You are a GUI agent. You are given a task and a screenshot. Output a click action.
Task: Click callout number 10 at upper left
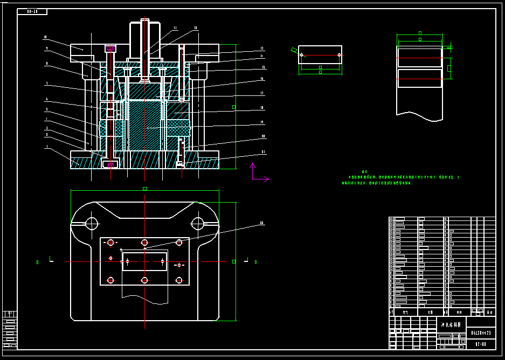[x=45, y=38]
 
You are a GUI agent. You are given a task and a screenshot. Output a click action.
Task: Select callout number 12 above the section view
[x=196, y=27]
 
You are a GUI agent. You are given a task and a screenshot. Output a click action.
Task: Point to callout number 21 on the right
[x=263, y=152]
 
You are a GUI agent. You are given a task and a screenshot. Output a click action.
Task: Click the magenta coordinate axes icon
[x=258, y=173]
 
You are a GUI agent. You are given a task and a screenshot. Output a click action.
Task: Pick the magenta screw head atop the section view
[x=110, y=49]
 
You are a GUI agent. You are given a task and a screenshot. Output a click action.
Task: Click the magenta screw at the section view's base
[x=111, y=164]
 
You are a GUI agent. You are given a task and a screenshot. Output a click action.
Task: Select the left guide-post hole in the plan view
[x=91, y=223]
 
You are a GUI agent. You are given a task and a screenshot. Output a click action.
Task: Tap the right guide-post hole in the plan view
[x=197, y=223]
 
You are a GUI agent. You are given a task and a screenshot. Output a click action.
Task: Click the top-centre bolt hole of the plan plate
[x=144, y=243]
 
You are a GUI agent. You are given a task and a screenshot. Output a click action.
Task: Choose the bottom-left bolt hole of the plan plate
[x=110, y=280]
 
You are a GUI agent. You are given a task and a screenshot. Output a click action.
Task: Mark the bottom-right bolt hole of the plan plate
[x=179, y=280]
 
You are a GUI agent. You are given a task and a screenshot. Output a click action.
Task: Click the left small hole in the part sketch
[x=302, y=55]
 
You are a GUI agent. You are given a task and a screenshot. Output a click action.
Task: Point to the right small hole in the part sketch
[x=339, y=55]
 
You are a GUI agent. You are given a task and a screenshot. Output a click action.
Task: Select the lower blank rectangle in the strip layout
[x=419, y=78]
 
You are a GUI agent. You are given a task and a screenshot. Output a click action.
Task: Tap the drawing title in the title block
[x=451, y=326]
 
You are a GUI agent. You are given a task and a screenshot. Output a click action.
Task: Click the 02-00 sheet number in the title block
[x=481, y=343]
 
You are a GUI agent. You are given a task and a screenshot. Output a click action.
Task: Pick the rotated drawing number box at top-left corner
[x=32, y=11]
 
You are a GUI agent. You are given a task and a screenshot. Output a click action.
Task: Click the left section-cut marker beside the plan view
[x=51, y=260]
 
